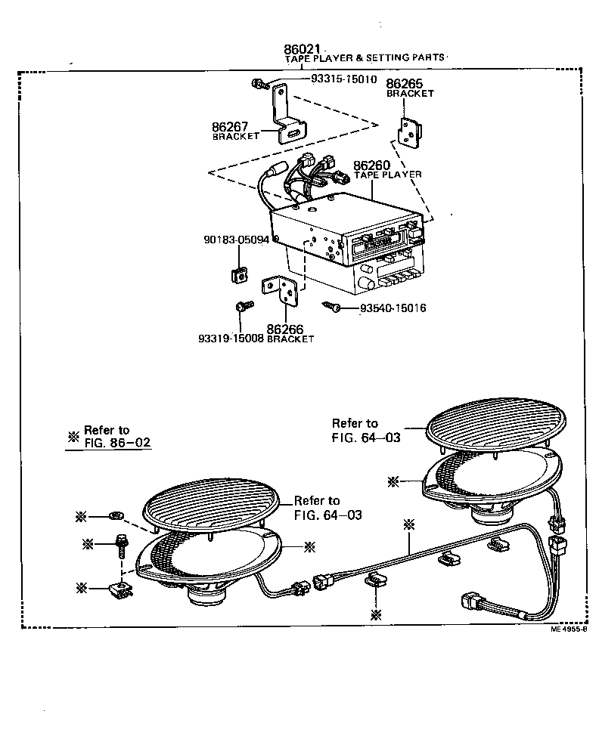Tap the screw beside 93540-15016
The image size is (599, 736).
(330, 307)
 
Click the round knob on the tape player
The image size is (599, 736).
(367, 283)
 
